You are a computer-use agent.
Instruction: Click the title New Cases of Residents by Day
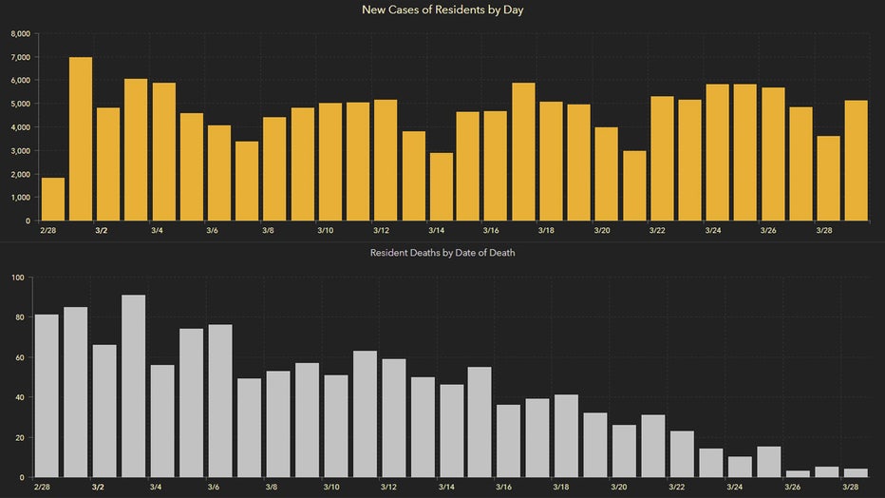(x=442, y=10)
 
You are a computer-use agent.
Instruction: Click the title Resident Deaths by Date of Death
(x=442, y=253)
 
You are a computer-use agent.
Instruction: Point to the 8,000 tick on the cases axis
(x=19, y=33)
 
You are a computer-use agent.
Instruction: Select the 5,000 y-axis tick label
(x=19, y=104)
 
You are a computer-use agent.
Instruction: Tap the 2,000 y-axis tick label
(x=19, y=174)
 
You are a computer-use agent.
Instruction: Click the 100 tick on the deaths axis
(x=16, y=278)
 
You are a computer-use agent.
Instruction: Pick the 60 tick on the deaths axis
(x=18, y=357)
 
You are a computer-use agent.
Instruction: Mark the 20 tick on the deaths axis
(x=18, y=437)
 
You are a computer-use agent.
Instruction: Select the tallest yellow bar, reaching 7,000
(x=81, y=139)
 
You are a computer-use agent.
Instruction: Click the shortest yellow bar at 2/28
(x=53, y=199)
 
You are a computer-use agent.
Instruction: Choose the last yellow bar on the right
(x=857, y=161)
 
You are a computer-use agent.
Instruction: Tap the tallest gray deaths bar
(x=133, y=386)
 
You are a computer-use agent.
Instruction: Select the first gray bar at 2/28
(x=47, y=395)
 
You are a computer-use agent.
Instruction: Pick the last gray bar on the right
(x=857, y=472)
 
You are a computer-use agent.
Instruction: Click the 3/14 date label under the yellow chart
(x=436, y=230)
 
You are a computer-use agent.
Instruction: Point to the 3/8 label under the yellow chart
(x=269, y=230)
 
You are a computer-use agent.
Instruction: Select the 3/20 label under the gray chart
(x=618, y=487)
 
